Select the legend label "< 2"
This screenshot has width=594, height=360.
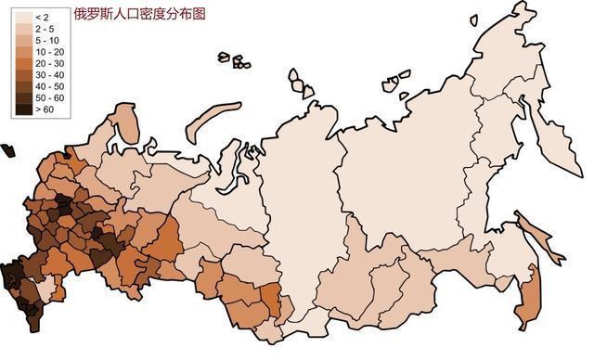point(42,18)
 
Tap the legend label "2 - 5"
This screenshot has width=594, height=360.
point(45,29)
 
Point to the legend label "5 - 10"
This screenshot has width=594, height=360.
point(46,40)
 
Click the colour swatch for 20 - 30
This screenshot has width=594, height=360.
point(22,63)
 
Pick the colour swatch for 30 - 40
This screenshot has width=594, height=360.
point(22,74)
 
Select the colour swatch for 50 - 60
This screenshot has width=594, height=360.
point(22,96)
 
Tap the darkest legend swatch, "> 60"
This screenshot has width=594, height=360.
point(22,108)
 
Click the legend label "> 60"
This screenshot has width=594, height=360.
point(45,108)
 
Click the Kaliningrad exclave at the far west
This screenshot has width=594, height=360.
point(7,149)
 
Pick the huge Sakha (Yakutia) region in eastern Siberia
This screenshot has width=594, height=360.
point(408,158)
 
